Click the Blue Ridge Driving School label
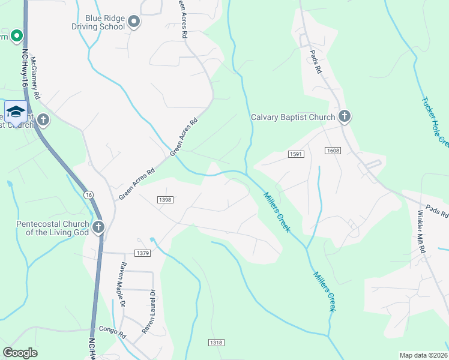pyautogui.click(x=98, y=22)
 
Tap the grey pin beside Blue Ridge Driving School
pyautogui.click(x=134, y=22)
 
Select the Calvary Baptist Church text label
pyautogui.click(x=293, y=117)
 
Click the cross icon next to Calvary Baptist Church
pyautogui.click(x=344, y=116)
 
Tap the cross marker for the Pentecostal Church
pyautogui.click(x=98, y=227)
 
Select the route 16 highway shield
pyautogui.click(x=89, y=195)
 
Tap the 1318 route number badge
pyautogui.click(x=216, y=342)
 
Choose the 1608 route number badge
pyautogui.click(x=333, y=150)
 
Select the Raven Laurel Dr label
pyautogui.click(x=149, y=312)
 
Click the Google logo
pyautogui.click(x=20, y=353)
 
